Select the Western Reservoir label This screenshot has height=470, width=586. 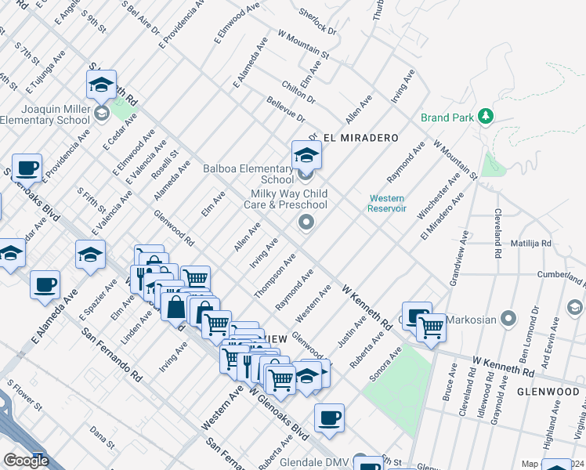pos(387,204)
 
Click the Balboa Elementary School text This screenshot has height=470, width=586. pos(248,174)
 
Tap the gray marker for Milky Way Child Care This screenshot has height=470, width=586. pos(306,224)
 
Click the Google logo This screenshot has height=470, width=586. pos(25,461)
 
